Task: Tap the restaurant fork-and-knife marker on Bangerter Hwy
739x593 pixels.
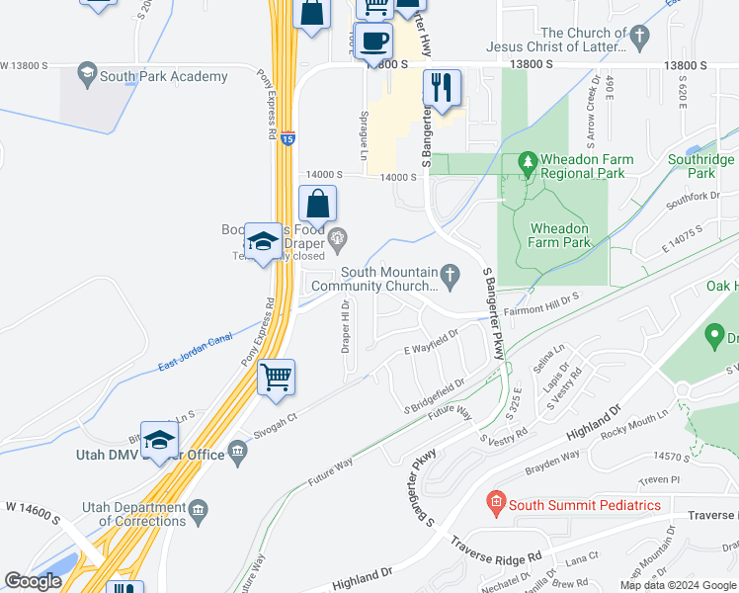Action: coord(442,88)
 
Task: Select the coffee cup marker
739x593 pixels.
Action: coord(374,42)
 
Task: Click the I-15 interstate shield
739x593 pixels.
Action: coord(287,139)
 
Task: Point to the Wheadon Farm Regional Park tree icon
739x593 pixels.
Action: coord(527,160)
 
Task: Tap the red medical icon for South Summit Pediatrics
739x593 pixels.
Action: coord(497,505)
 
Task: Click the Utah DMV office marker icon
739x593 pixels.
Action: coord(237,454)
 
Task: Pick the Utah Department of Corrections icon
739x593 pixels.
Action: coord(199,510)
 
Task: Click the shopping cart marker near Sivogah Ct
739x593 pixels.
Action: coord(277,377)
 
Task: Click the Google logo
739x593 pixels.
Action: coord(34,581)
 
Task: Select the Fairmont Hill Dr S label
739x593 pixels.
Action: coord(541,296)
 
